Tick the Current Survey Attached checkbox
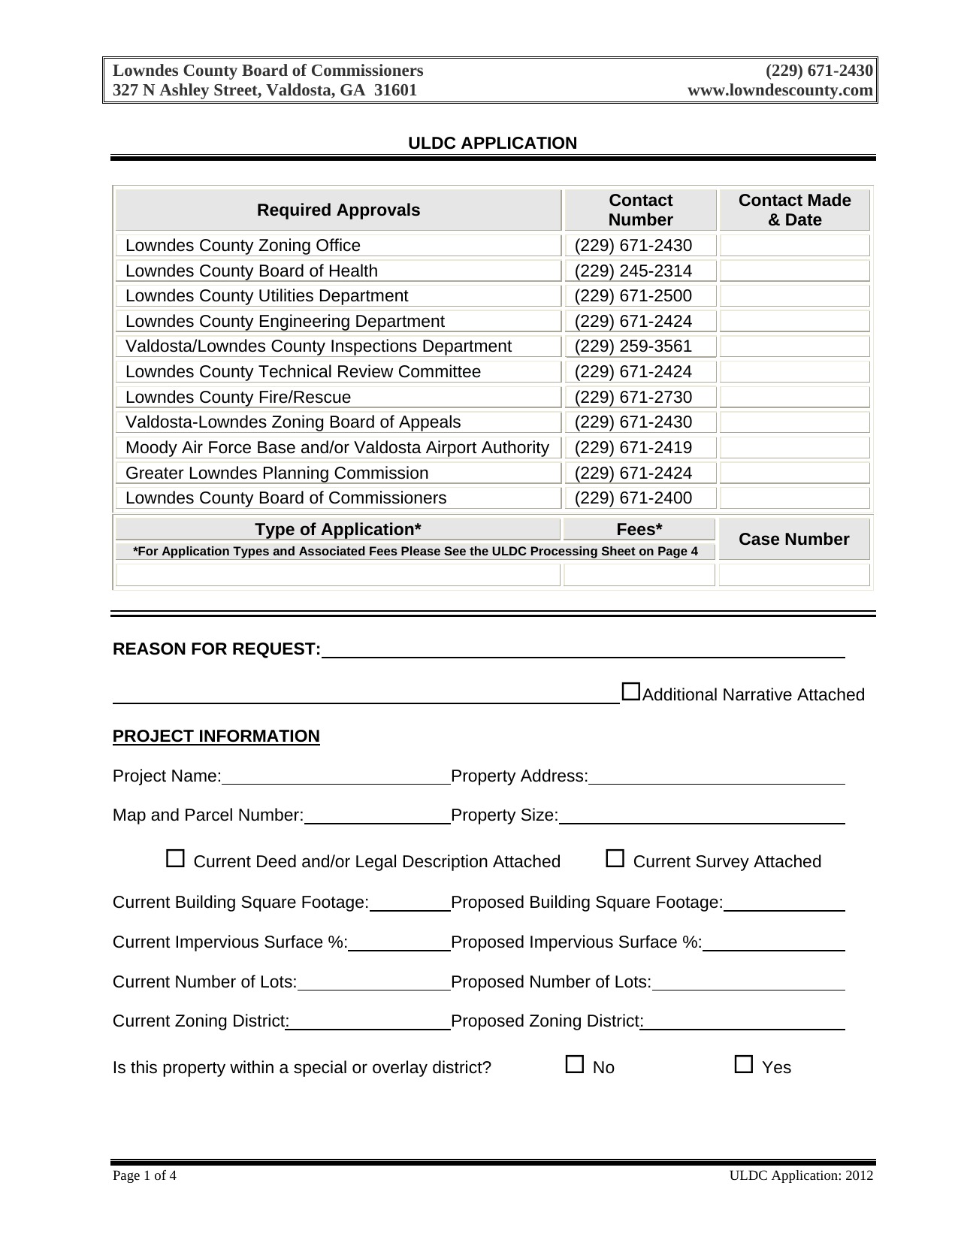click(615, 858)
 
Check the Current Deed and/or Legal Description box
click(175, 858)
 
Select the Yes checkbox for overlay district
click(744, 1064)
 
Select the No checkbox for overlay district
click(575, 1064)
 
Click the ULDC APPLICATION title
click(492, 144)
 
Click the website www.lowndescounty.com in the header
click(780, 91)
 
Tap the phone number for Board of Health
click(633, 271)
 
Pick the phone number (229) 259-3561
click(633, 346)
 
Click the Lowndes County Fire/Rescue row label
click(238, 398)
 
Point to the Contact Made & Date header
click(794, 210)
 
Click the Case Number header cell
click(794, 540)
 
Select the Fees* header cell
click(639, 530)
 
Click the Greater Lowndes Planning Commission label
click(277, 473)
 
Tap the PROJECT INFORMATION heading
click(216, 736)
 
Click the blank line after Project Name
click(336, 779)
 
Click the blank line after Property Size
click(702, 818)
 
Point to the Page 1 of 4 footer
click(145, 1176)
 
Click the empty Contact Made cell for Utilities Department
click(794, 296)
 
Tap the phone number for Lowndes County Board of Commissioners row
click(633, 498)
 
